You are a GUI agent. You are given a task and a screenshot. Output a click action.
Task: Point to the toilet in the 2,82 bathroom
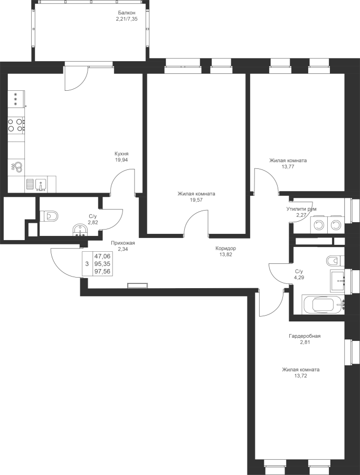[x=50, y=215]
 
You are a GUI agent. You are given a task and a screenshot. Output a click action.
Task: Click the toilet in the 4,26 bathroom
[x=335, y=261]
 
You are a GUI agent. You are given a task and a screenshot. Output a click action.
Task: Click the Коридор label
[x=225, y=251]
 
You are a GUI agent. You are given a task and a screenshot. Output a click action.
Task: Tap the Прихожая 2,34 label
[x=122, y=246]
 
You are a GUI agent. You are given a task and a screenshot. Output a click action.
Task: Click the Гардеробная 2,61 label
[x=305, y=338]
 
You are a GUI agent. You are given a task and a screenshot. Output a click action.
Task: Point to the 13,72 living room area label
[x=300, y=373]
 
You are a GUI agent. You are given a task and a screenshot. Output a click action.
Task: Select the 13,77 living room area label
[x=288, y=164]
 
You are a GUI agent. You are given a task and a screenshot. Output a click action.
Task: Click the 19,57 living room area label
[x=196, y=197]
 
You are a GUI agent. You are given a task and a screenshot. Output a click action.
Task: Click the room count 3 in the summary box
[x=87, y=262]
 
